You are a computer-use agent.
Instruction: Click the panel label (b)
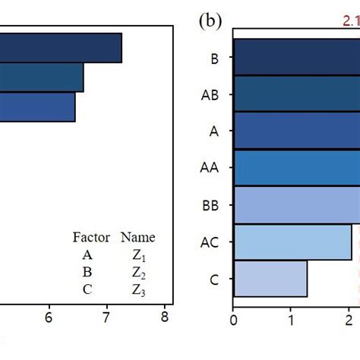pyautogui.click(x=210, y=21)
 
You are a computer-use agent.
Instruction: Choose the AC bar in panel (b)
pyautogui.click(x=292, y=242)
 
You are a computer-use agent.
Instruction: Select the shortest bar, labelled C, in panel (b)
pyautogui.click(x=270, y=279)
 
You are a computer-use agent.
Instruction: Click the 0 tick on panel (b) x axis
pyautogui.click(x=234, y=320)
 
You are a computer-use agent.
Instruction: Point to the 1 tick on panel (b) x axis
pyautogui.click(x=292, y=320)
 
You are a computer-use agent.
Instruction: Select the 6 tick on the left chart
pyautogui.click(x=49, y=320)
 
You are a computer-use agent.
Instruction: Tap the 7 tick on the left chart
pyautogui.click(x=107, y=320)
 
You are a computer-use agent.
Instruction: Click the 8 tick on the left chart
pyautogui.click(x=165, y=320)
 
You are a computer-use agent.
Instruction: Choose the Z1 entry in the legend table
pyautogui.click(x=137, y=255)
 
